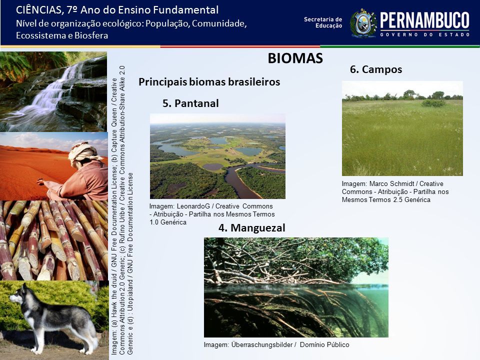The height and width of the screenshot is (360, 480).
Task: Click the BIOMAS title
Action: tap(295, 58)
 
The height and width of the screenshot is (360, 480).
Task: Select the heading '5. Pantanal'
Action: tap(190, 103)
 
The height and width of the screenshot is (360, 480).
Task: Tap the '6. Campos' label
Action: tap(376, 69)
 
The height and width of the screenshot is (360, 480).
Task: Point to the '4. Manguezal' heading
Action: tap(251, 228)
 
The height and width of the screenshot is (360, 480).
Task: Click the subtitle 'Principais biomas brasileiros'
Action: tap(209, 82)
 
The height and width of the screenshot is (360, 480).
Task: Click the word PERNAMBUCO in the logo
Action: tap(424, 20)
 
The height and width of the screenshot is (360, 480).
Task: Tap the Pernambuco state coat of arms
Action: tap(363, 23)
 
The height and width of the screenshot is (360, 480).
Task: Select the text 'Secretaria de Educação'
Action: tap(323, 22)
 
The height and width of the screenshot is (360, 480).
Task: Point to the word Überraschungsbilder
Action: tap(261, 344)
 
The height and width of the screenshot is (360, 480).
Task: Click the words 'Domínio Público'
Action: tap(324, 344)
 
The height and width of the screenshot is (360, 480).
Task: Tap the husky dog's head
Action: tap(19, 295)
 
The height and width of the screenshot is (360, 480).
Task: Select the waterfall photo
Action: tap(53, 91)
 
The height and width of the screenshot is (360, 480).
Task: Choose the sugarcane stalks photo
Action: tap(54, 240)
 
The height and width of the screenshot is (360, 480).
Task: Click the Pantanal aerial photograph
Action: tap(217, 156)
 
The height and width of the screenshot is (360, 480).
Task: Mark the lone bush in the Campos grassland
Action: tap(433, 103)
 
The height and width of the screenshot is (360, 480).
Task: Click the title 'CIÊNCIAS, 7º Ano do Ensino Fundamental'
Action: tap(117, 10)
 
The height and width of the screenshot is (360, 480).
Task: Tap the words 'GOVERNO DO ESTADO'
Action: tap(425, 34)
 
